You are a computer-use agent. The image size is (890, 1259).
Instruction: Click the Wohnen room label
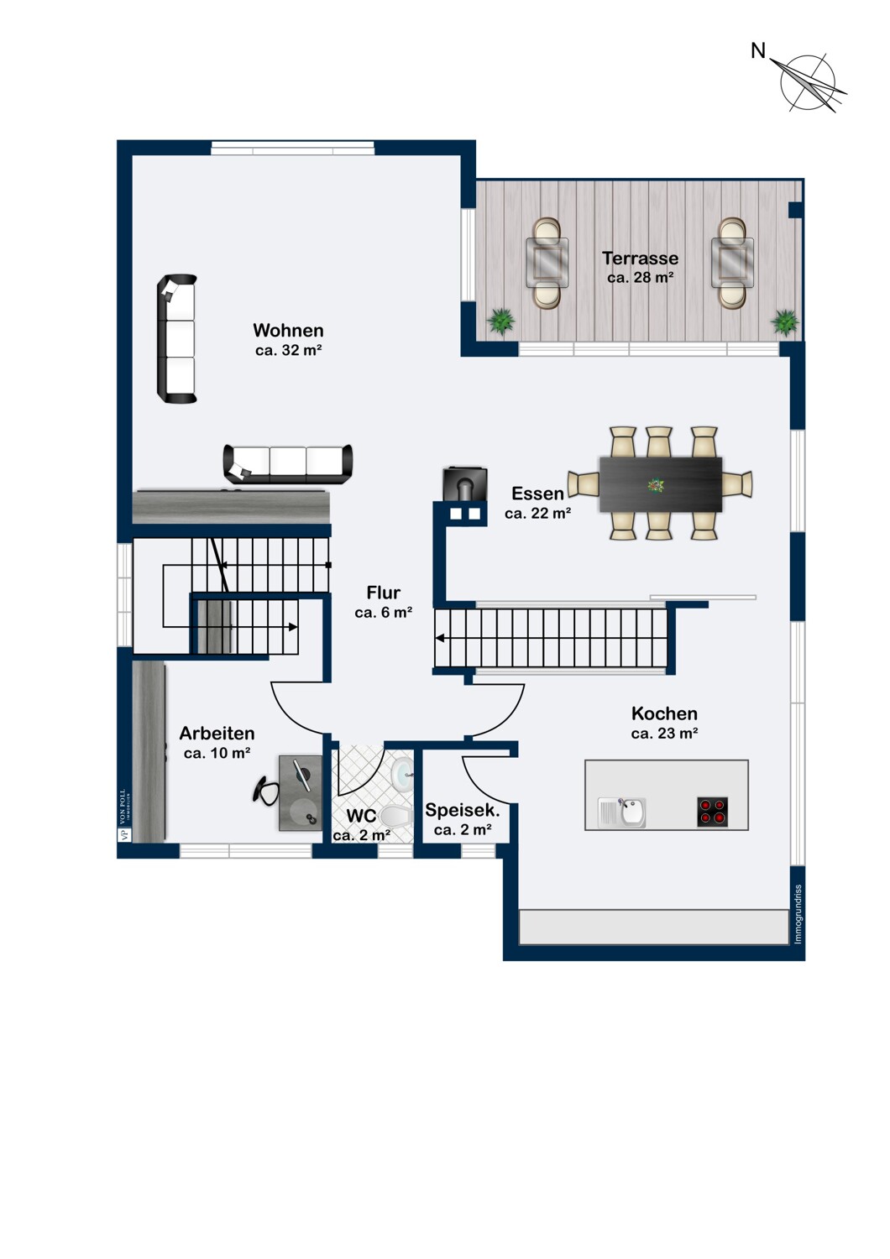coord(288,330)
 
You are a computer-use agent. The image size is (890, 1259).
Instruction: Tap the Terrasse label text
coord(640,258)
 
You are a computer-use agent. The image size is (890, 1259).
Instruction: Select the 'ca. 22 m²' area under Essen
coord(538,513)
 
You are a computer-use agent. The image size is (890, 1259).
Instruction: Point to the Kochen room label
coord(664,713)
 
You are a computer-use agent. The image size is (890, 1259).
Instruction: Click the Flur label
coord(384,593)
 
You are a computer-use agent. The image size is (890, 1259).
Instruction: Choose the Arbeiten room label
coord(217,733)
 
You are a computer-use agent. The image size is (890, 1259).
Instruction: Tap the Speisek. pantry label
coord(462,810)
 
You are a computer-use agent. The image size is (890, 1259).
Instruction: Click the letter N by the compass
coord(758,52)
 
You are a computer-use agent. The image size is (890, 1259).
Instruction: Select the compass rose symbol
coord(808,83)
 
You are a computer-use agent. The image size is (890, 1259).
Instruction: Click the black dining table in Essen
coord(661,484)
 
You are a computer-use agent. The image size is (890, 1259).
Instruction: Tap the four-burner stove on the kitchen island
coord(712,812)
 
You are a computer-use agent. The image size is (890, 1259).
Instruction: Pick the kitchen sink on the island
coord(622,812)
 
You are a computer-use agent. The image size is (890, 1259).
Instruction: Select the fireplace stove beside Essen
coord(465,483)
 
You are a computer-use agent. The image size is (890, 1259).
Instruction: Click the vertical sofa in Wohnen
coord(176,339)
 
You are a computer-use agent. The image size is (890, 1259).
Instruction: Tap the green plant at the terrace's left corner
coord(500,321)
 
